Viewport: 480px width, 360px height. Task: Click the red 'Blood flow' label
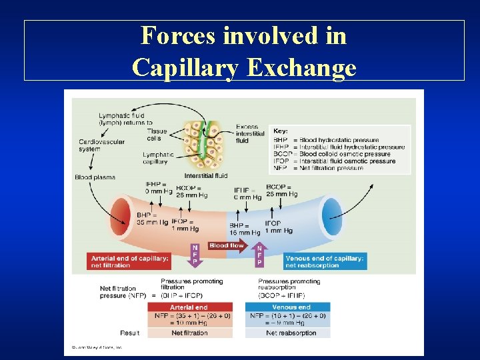coord(227,245)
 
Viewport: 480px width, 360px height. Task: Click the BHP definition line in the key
coord(333,141)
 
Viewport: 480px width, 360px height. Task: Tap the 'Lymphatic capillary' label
coord(158,158)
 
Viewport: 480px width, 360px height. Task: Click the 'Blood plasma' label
coord(95,177)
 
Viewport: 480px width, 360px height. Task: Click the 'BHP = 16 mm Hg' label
coord(244,229)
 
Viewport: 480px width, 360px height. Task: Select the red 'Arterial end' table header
coord(189,307)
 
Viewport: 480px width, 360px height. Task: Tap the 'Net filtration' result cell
coord(189,333)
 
